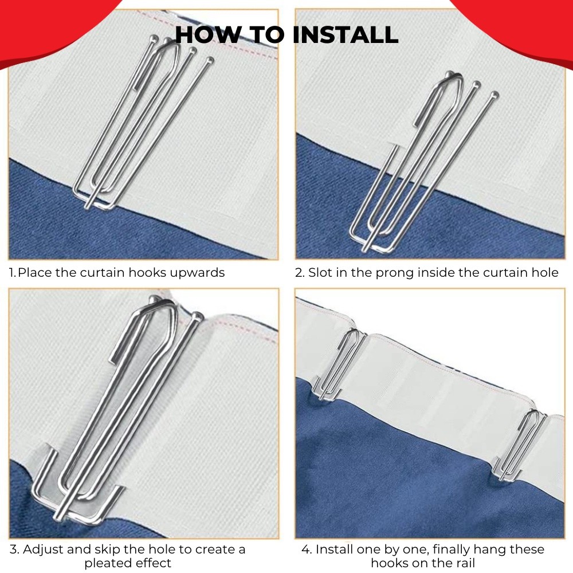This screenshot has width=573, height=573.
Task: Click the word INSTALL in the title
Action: (346, 35)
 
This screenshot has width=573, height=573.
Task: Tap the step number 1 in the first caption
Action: (12, 273)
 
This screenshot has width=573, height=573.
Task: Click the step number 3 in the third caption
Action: (14, 550)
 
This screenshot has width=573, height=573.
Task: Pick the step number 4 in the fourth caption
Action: (306, 550)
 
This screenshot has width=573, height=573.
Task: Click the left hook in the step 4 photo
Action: (338, 364)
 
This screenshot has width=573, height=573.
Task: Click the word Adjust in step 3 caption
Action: (41, 550)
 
